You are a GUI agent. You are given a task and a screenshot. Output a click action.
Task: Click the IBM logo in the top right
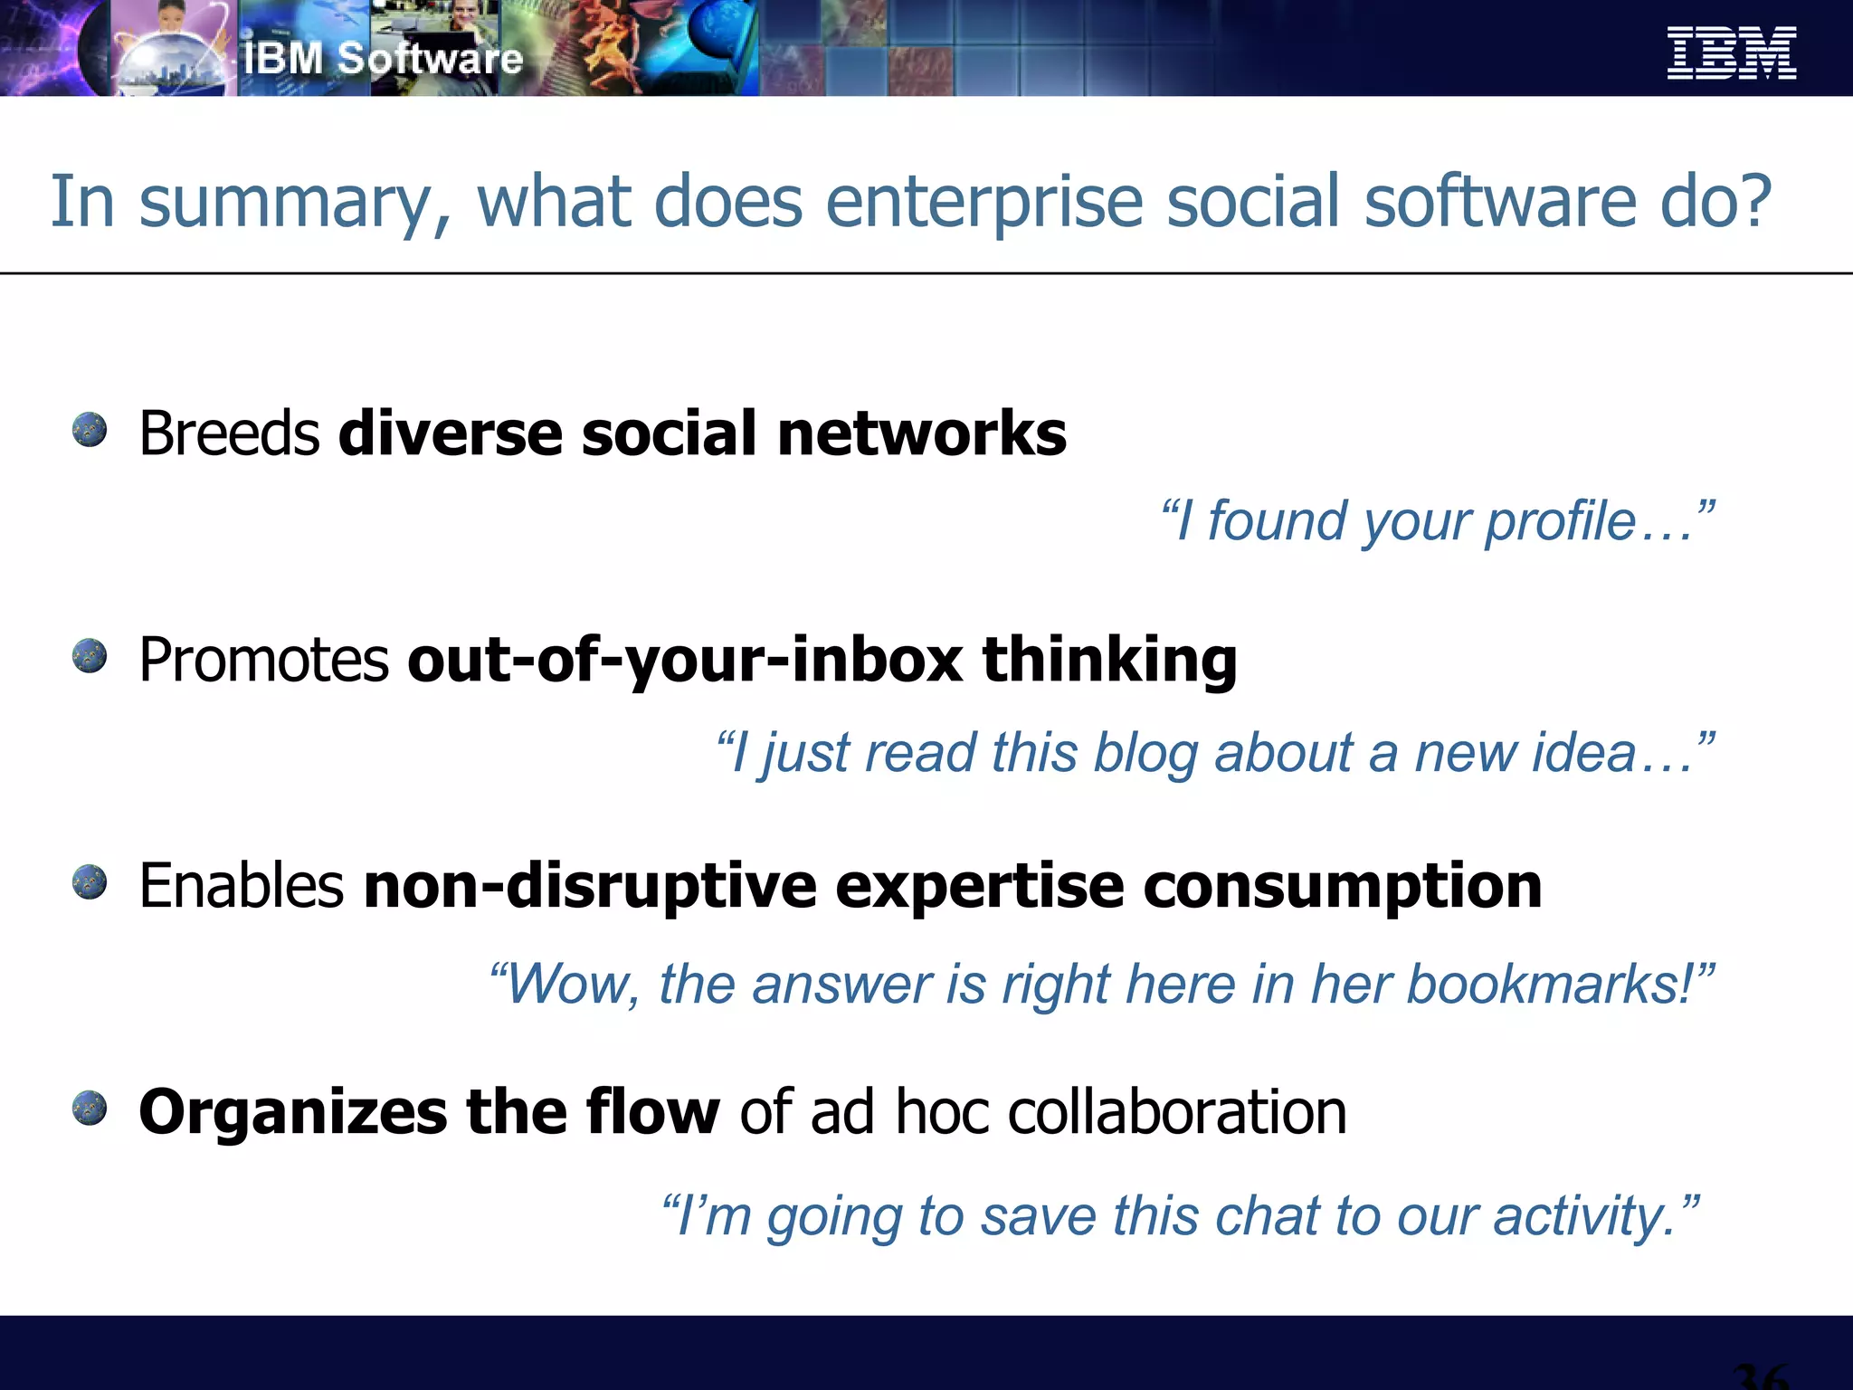[x=1731, y=53]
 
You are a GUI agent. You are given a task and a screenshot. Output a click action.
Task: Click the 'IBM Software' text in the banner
[x=384, y=59]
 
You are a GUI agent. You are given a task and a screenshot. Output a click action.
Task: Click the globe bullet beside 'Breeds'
[x=90, y=430]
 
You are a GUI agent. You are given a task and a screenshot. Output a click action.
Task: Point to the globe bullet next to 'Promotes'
[x=90, y=656]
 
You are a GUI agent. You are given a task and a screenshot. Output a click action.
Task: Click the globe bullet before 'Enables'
[x=90, y=882]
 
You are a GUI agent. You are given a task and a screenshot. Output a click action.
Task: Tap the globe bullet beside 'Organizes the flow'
[x=90, y=1109]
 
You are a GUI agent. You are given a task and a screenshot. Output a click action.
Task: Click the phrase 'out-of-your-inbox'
[x=685, y=661]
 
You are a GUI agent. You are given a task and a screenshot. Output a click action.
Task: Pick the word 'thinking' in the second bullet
[x=1109, y=661]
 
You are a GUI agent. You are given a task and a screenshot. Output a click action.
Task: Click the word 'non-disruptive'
[x=590, y=887]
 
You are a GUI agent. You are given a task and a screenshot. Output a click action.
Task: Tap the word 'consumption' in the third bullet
[x=1343, y=887]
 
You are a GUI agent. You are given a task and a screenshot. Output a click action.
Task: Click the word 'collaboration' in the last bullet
[x=1176, y=1111]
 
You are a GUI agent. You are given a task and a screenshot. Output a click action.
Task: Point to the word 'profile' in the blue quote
[x=1560, y=522]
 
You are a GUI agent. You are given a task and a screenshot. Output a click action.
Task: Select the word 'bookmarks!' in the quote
[x=1550, y=984]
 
